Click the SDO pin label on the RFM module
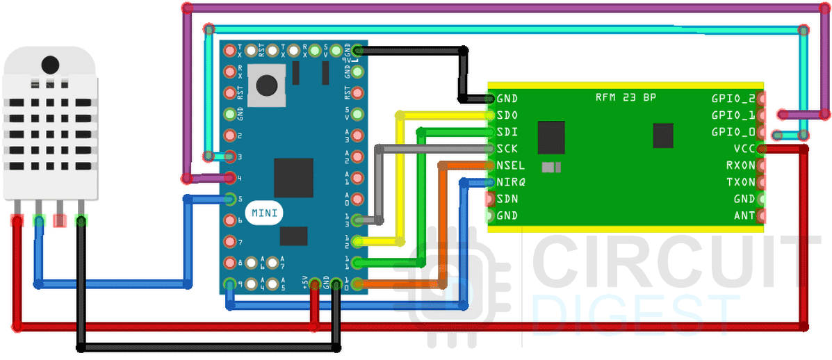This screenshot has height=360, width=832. click(507, 115)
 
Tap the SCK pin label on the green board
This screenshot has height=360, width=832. click(507, 149)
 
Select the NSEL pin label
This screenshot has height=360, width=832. click(510, 165)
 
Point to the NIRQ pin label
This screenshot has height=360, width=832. click(510, 182)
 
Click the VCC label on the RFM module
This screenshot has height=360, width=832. click(744, 149)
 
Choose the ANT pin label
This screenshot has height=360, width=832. click(744, 215)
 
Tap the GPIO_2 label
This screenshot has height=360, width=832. click(733, 99)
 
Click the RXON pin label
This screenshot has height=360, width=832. click(740, 165)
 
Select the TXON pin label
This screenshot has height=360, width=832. click(740, 182)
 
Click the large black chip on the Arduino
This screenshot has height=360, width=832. click(293, 178)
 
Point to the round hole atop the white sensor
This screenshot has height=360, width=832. click(50, 65)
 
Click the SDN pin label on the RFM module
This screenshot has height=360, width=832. click(507, 199)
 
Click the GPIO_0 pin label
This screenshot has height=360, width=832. click(733, 132)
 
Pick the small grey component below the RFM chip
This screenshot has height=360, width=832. click(550, 167)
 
